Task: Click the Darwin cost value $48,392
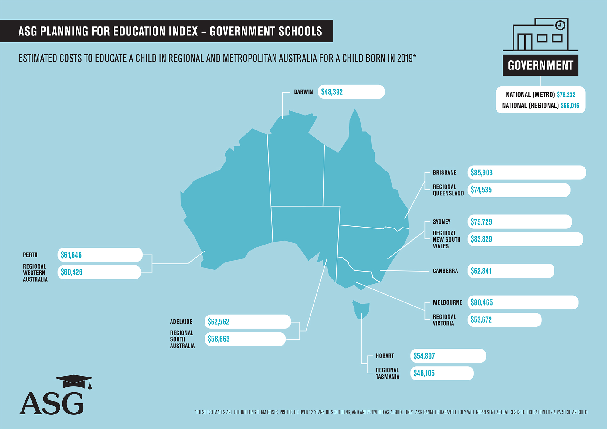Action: (x=332, y=92)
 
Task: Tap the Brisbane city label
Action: (x=444, y=173)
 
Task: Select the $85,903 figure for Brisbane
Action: (x=481, y=173)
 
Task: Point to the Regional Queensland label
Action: (x=448, y=190)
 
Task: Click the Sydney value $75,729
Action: (x=481, y=222)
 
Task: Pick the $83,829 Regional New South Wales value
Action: (x=481, y=239)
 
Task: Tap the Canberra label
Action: (x=445, y=271)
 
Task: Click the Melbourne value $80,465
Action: (x=481, y=302)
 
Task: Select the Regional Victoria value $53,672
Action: (x=481, y=320)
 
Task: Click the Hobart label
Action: (x=385, y=356)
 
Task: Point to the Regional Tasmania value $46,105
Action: (x=424, y=373)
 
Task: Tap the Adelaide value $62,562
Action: (x=218, y=322)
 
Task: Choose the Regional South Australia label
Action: (x=182, y=339)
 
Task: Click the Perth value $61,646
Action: (x=71, y=255)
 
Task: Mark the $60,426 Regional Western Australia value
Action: (x=71, y=272)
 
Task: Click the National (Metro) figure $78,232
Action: (x=566, y=95)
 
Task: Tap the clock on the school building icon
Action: (x=560, y=25)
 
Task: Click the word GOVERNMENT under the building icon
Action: (x=540, y=65)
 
